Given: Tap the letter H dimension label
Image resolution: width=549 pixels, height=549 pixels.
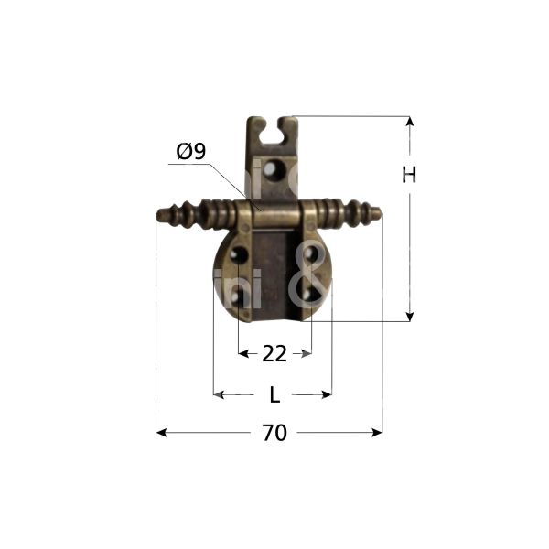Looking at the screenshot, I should coord(409,175).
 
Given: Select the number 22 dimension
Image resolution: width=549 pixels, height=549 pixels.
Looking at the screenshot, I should coord(274,353).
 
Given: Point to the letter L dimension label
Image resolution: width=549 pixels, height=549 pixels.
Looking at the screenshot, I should coord(274,395).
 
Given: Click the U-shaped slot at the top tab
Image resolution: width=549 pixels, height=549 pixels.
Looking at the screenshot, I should coord(272,127).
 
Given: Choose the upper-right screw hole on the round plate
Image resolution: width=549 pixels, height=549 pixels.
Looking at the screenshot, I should coord(311,254).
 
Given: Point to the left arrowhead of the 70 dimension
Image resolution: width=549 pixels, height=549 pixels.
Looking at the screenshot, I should coord(161,432).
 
